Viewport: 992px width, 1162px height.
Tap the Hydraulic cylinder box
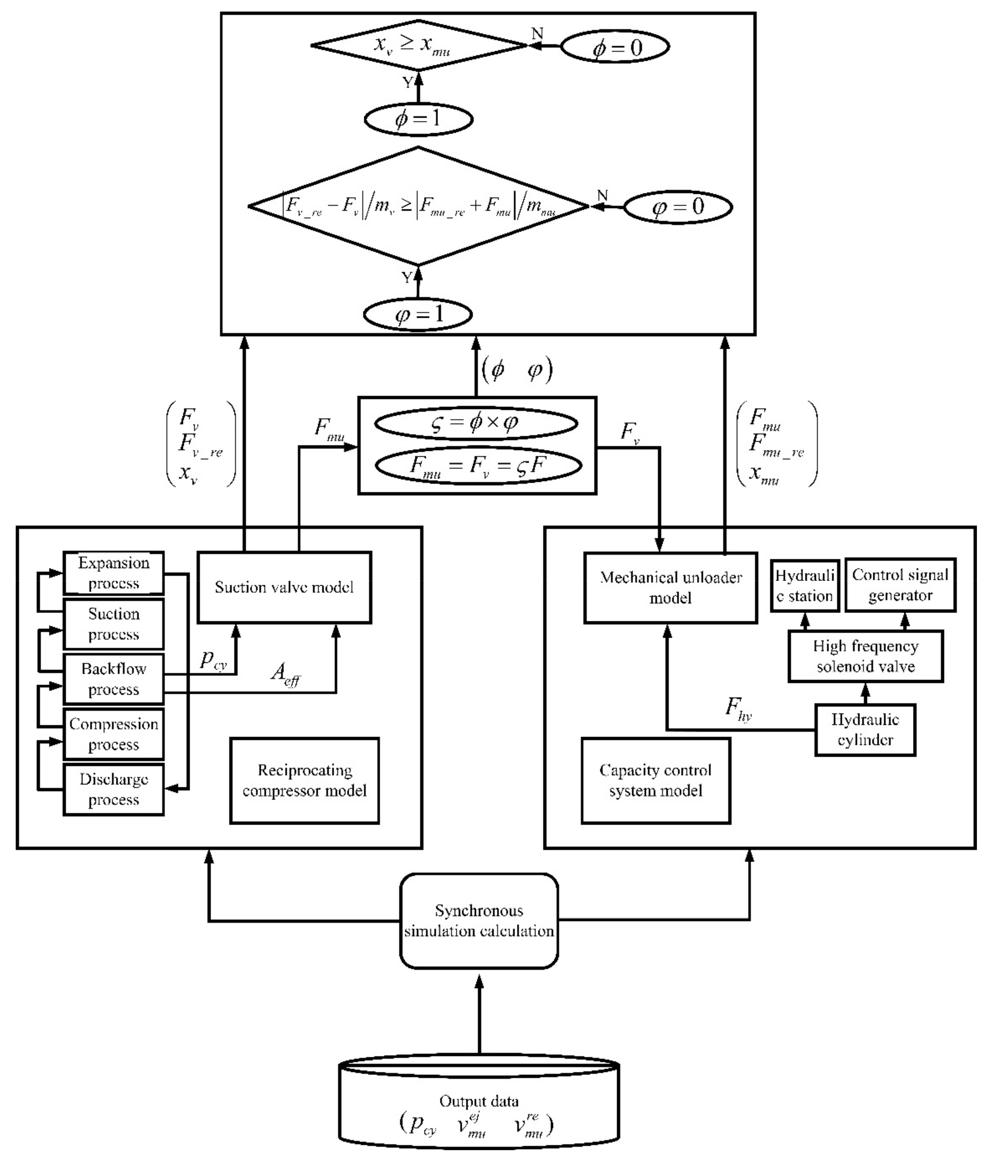click(865, 730)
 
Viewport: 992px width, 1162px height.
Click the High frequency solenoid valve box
click(865, 656)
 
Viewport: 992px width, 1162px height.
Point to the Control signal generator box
click(900, 585)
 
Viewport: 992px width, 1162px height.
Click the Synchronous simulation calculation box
click(479, 921)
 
